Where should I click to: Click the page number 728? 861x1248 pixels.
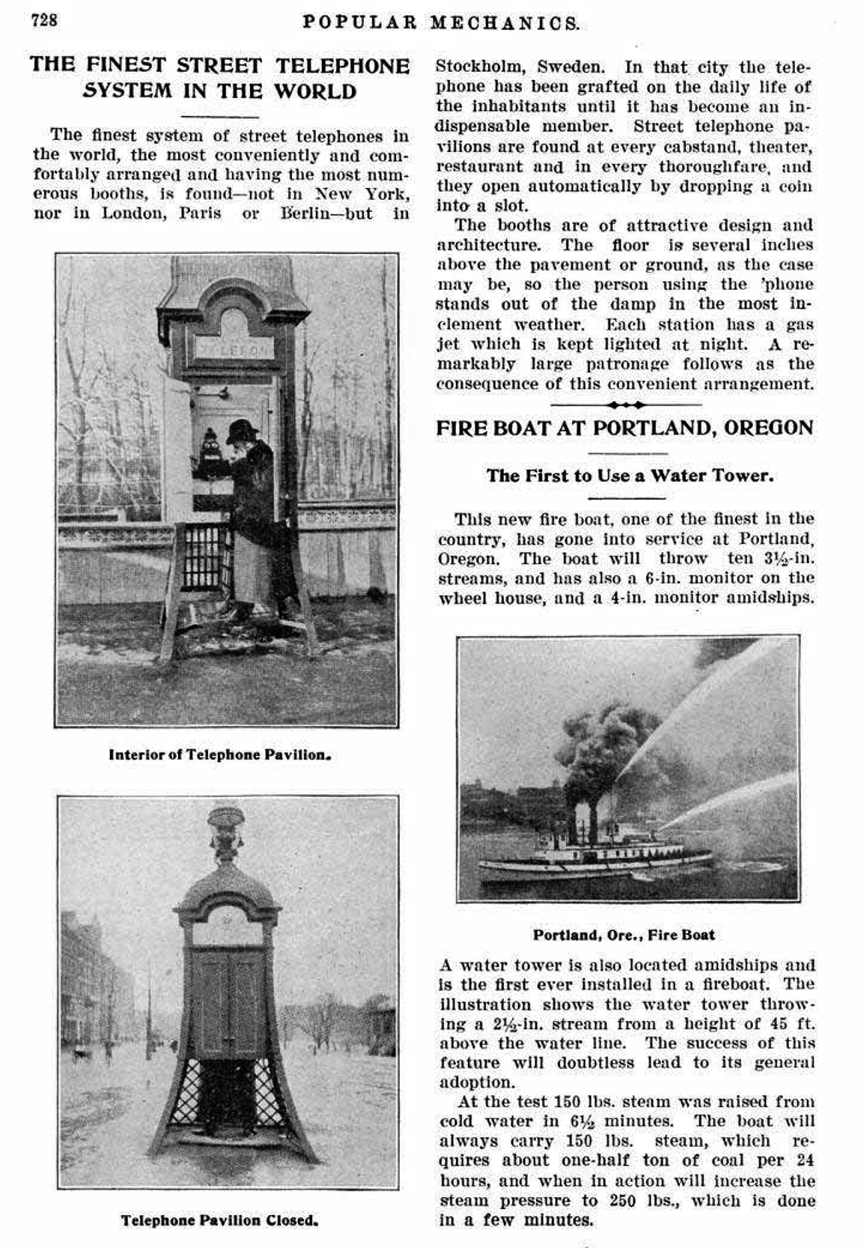(44, 20)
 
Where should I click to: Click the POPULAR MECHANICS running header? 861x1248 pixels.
(441, 22)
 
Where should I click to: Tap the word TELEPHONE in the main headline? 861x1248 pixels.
(342, 66)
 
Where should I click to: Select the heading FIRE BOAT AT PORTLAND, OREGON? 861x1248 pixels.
(624, 428)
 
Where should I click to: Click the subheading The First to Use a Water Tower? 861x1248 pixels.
(630, 476)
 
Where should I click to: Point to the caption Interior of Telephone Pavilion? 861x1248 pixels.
(219, 754)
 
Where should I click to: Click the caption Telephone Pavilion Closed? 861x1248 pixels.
(219, 1220)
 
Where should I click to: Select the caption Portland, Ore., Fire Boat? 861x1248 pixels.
(624, 935)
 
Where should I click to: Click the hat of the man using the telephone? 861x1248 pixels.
(241, 430)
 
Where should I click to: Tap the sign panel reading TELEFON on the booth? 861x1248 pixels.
(234, 349)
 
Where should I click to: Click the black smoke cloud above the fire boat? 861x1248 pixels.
(599, 749)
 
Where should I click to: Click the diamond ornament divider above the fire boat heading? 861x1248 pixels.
(625, 405)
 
